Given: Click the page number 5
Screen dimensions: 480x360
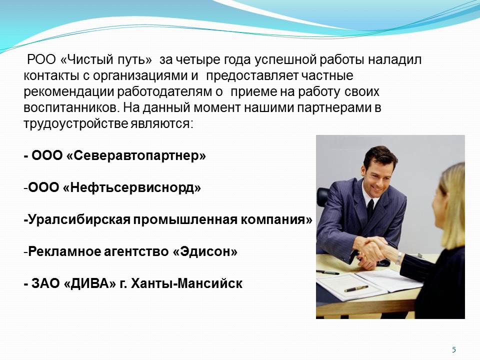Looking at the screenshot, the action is (454, 349).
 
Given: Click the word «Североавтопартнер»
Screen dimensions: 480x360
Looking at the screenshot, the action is (136, 155).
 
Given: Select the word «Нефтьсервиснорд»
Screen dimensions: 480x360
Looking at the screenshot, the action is (132, 187).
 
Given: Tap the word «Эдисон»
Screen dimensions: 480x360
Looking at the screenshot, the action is (205, 251).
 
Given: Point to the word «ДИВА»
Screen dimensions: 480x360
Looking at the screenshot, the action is (91, 284).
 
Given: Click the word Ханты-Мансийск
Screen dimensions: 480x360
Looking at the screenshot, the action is (186, 283).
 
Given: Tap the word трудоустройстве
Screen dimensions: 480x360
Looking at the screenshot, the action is (75, 123).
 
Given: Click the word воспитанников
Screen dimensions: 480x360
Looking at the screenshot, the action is (70, 107).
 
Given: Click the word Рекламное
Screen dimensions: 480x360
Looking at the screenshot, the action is (64, 251).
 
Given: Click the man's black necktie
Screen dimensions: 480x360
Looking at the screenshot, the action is (370, 208).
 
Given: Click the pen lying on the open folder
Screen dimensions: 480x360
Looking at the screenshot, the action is (356, 288).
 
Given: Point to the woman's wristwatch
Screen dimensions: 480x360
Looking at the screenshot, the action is (398, 258).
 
